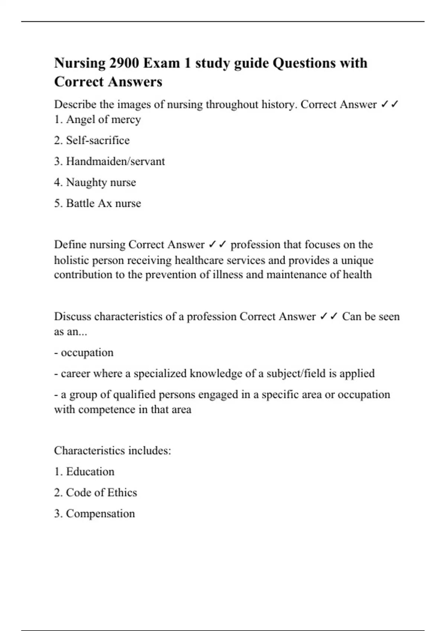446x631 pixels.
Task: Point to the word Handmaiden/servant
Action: [115, 161]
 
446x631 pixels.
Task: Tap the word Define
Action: [71, 245]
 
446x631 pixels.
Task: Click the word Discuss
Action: [73, 317]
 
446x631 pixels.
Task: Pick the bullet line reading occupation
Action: [87, 353]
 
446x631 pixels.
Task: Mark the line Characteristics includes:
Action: [112, 451]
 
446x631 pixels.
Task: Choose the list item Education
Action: [90, 472]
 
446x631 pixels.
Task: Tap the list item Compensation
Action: [100, 514]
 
